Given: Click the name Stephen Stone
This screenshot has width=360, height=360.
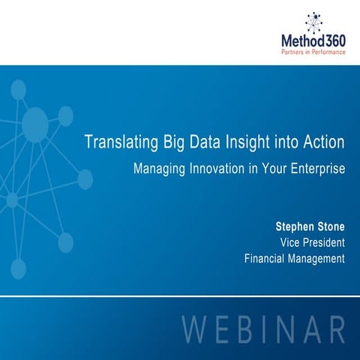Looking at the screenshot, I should pos(310,225).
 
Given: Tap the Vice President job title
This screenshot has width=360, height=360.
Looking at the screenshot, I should pos(311,242).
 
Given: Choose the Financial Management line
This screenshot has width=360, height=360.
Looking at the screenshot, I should pos(294,259).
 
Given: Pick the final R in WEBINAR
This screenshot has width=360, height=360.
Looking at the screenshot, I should pos(334,331).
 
